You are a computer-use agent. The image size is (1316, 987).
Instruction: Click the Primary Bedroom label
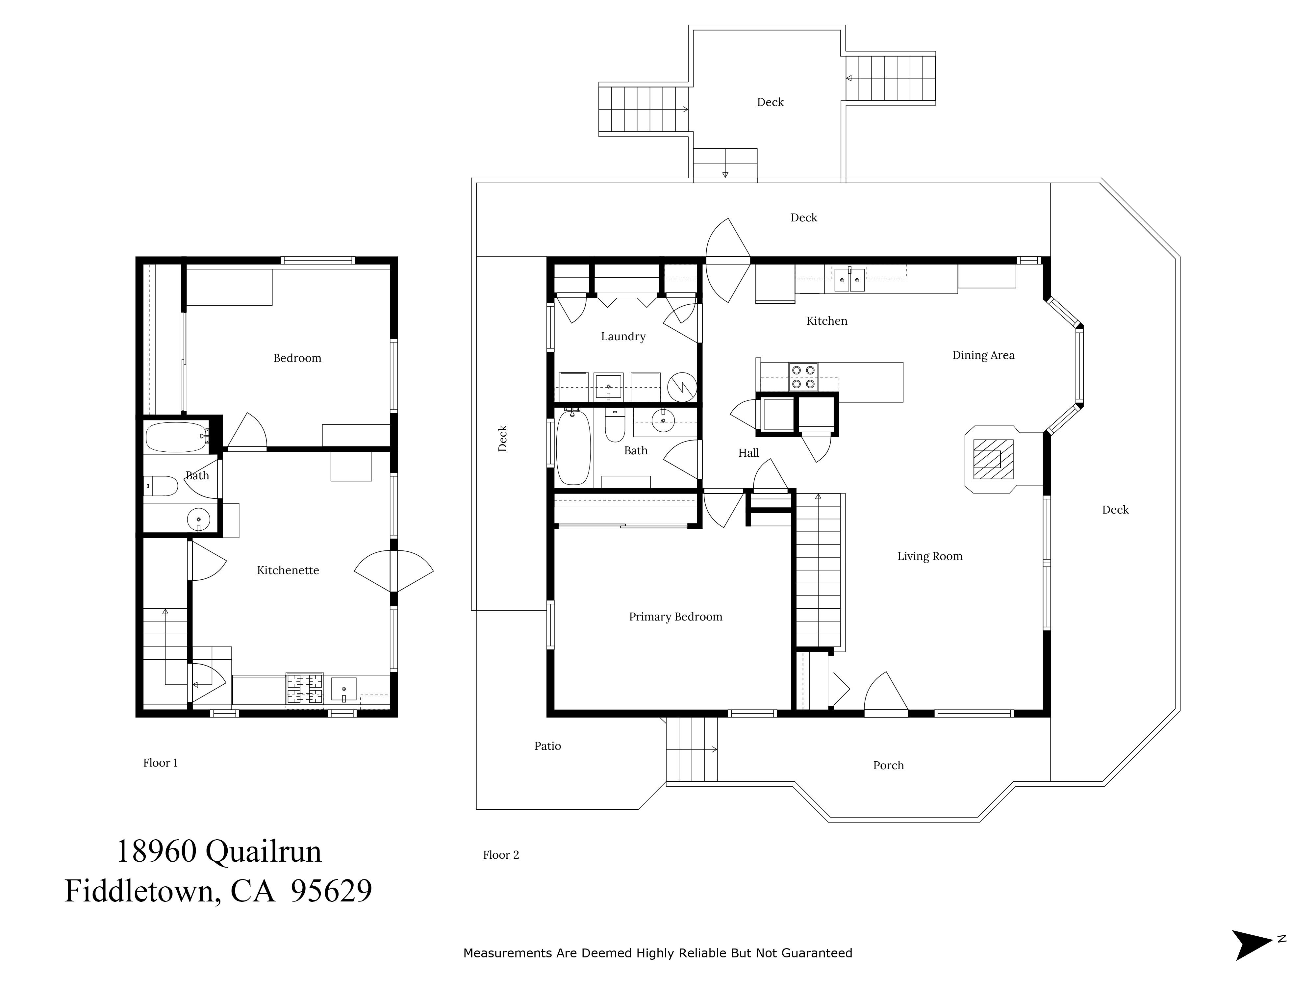click(x=675, y=617)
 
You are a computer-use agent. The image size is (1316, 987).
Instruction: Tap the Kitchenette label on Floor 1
click(x=288, y=570)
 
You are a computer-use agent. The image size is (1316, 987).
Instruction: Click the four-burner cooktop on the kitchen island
click(x=803, y=377)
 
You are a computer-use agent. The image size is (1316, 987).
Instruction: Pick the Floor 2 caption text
click(x=501, y=855)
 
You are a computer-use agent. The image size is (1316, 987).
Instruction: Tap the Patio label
click(x=547, y=746)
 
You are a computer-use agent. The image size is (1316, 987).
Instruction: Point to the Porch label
click(x=888, y=766)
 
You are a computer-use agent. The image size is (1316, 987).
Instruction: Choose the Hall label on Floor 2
click(x=748, y=453)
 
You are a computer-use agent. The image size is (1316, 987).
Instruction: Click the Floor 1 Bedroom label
click(x=297, y=358)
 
